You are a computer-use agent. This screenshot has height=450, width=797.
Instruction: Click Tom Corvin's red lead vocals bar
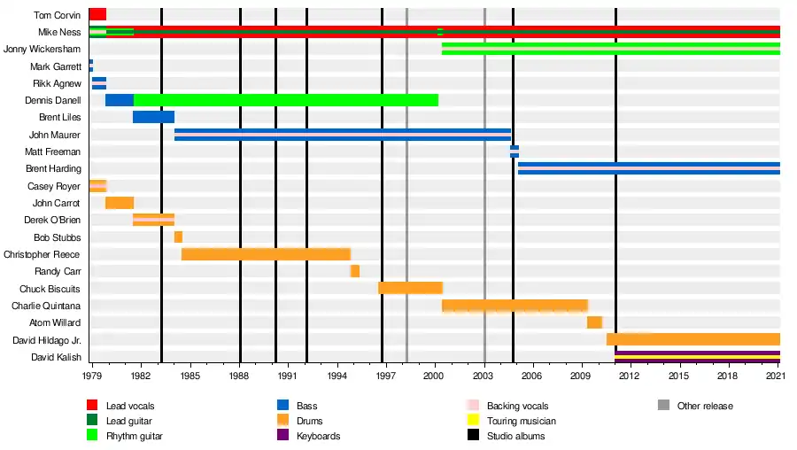[97, 14]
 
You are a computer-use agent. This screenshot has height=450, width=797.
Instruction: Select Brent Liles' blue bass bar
[153, 117]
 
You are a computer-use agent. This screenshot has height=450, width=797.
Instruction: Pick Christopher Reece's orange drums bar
[266, 254]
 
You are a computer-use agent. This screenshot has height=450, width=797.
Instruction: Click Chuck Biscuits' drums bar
[410, 288]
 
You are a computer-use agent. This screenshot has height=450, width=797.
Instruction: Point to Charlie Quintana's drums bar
[515, 306]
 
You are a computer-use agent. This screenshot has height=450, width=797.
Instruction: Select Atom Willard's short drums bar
[594, 322]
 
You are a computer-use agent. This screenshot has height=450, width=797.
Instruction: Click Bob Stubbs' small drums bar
[178, 237]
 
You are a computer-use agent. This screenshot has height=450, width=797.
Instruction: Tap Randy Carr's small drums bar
[354, 271]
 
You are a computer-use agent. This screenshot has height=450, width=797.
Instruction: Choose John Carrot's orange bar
[120, 203]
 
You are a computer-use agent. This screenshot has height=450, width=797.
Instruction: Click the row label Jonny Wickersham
[43, 49]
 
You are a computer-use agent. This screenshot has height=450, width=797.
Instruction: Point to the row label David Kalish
[56, 357]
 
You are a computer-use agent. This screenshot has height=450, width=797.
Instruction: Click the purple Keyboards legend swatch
[283, 436]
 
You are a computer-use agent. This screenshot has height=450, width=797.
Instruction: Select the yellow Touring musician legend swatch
[473, 421]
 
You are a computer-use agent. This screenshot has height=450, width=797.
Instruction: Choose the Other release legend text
[706, 407]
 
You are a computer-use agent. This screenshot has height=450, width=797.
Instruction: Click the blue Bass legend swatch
[283, 406]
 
